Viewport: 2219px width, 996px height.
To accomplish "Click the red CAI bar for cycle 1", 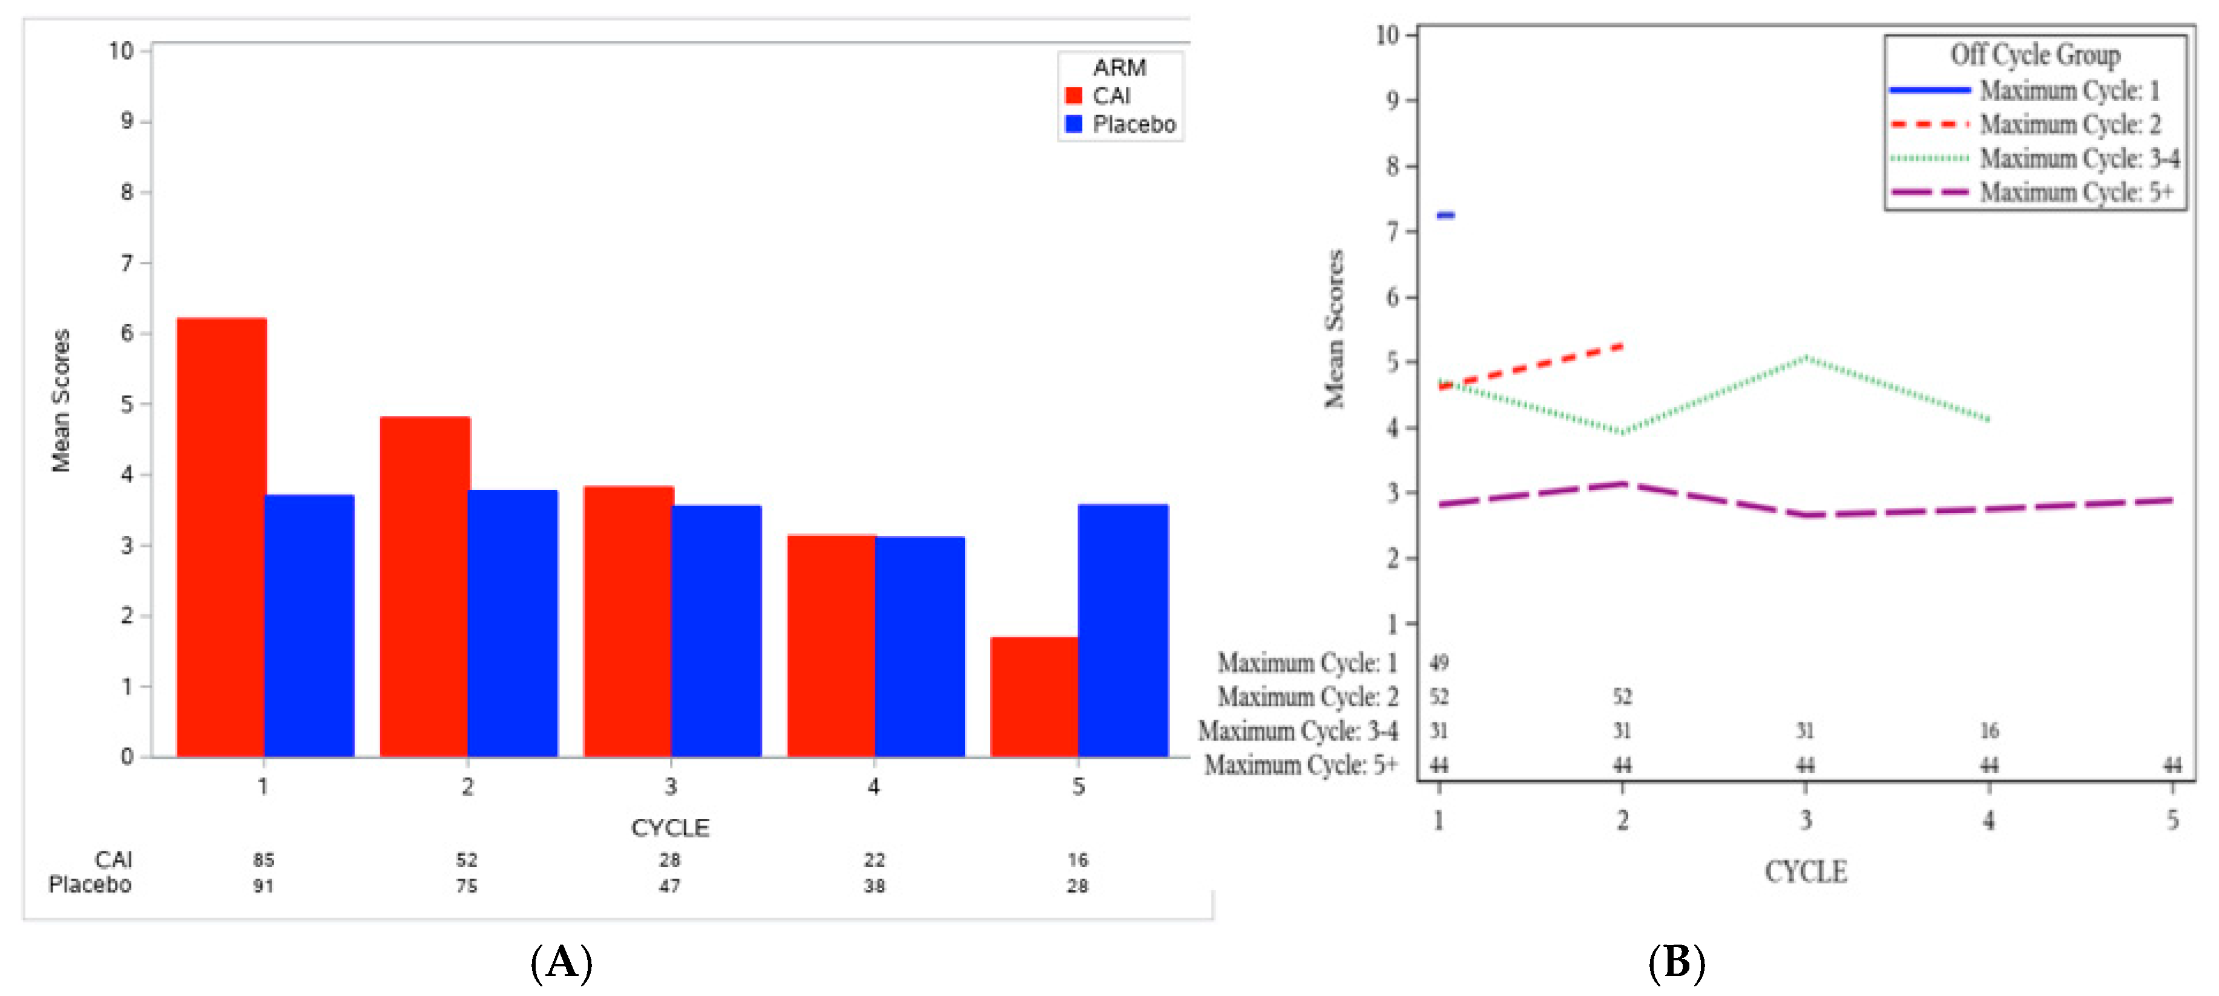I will coord(222,538).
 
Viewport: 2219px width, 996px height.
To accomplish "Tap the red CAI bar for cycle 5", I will coord(1034,697).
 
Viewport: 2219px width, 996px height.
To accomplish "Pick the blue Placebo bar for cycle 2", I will coord(513,624).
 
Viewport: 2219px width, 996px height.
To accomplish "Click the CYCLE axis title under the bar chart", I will coord(670,828).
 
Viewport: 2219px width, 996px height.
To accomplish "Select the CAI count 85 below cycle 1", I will coord(263,860).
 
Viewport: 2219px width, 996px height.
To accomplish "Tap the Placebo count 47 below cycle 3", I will coord(669,886).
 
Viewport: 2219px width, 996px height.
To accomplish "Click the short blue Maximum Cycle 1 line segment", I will coord(1446,215).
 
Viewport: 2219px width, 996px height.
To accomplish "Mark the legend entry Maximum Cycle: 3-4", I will coord(2079,158).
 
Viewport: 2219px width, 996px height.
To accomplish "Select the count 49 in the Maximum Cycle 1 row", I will coord(1439,663).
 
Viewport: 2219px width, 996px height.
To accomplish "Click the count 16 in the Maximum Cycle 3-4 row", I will coord(1988,731).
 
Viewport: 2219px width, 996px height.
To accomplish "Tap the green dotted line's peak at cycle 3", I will coord(1806,357).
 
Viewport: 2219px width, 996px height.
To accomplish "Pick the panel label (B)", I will coord(1675,962).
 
